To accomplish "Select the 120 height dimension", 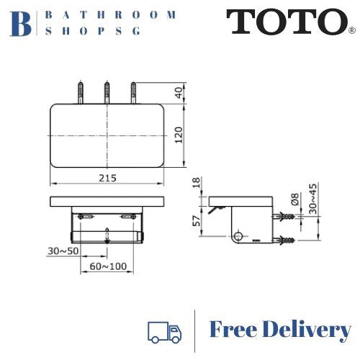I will [179, 134].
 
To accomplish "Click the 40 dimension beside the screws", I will [179, 94].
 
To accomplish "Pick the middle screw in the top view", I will [107, 94].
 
